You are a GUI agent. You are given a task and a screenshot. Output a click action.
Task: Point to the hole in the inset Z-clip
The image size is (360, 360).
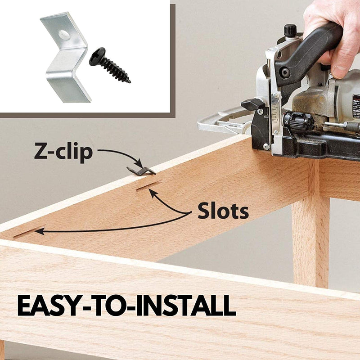click(x=64, y=35)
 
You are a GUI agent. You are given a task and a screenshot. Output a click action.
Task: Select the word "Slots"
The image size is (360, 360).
click(x=223, y=210)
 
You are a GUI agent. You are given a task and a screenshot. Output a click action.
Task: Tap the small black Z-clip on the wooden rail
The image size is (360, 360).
click(x=141, y=171)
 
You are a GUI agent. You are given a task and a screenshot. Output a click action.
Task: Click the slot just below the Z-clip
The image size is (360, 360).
click(x=148, y=185)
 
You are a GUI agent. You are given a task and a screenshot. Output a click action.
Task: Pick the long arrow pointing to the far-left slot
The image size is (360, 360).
click(x=112, y=229)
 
